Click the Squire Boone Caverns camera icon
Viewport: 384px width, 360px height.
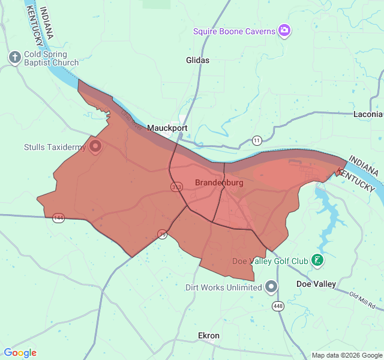pos(284,31)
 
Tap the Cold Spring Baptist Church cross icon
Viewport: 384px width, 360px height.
pos(15,57)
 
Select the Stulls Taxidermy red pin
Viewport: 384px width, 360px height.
pos(95,146)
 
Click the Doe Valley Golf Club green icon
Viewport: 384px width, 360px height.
pos(317,260)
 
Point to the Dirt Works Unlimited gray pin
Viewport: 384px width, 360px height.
pos(271,287)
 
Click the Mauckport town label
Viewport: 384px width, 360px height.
pos(167,128)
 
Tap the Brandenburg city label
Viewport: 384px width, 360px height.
pos(219,182)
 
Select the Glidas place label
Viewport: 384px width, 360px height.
pos(197,60)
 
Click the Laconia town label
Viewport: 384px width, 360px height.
pos(368,113)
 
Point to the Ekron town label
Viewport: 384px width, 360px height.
pos(209,335)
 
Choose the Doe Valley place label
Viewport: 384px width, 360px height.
pos(316,284)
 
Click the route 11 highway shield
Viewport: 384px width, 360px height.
pos(257,140)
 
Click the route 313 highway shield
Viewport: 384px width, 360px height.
pos(176,187)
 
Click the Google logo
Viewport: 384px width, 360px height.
pos(20,353)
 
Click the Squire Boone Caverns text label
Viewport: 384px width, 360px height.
pos(234,31)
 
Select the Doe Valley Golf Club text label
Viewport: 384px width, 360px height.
pos(270,261)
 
